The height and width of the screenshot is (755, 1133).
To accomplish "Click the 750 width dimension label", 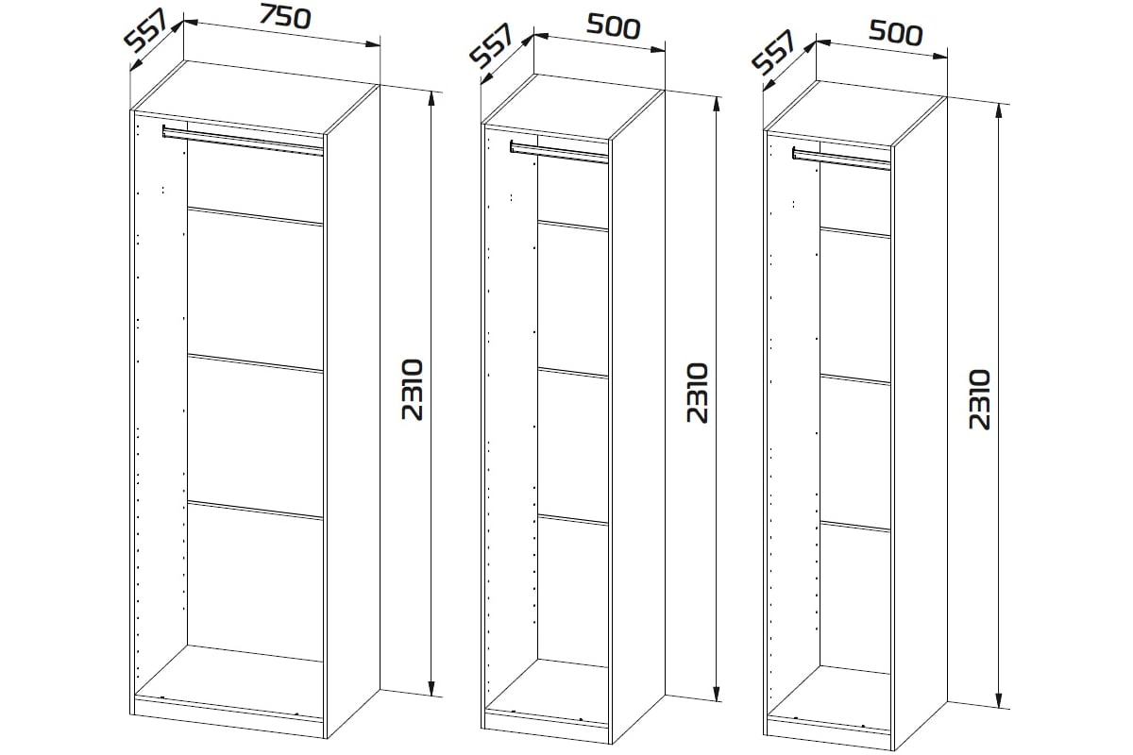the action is point(285,17).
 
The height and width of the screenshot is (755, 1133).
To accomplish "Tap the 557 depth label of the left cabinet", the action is point(145,31).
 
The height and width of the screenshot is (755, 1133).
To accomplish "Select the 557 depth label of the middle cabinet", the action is point(492,45).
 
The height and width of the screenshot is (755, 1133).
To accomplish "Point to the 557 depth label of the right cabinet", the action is point(774,52).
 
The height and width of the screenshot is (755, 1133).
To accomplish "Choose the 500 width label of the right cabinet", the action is point(896,33).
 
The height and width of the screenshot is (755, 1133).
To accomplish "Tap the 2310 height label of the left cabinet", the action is point(413,390).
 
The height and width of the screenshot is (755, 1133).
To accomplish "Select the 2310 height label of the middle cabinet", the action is point(698,393).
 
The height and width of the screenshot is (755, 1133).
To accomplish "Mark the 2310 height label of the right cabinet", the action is point(980,399).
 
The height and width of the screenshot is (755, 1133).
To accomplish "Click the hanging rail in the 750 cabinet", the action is point(243,141).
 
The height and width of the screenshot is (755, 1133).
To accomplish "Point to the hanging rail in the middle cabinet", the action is point(559,152).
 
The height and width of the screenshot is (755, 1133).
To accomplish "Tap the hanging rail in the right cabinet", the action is point(841,159).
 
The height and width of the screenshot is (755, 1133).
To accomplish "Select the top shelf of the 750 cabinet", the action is point(255,216).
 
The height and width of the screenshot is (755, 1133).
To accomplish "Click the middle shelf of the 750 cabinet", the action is point(255,363).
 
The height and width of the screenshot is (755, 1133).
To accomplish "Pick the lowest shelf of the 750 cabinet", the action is point(255,511).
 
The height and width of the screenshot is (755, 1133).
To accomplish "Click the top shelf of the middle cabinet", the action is point(572,226).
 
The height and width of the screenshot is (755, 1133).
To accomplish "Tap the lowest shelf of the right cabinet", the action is point(854,527).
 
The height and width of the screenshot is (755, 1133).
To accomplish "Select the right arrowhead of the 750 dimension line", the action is point(372,44).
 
